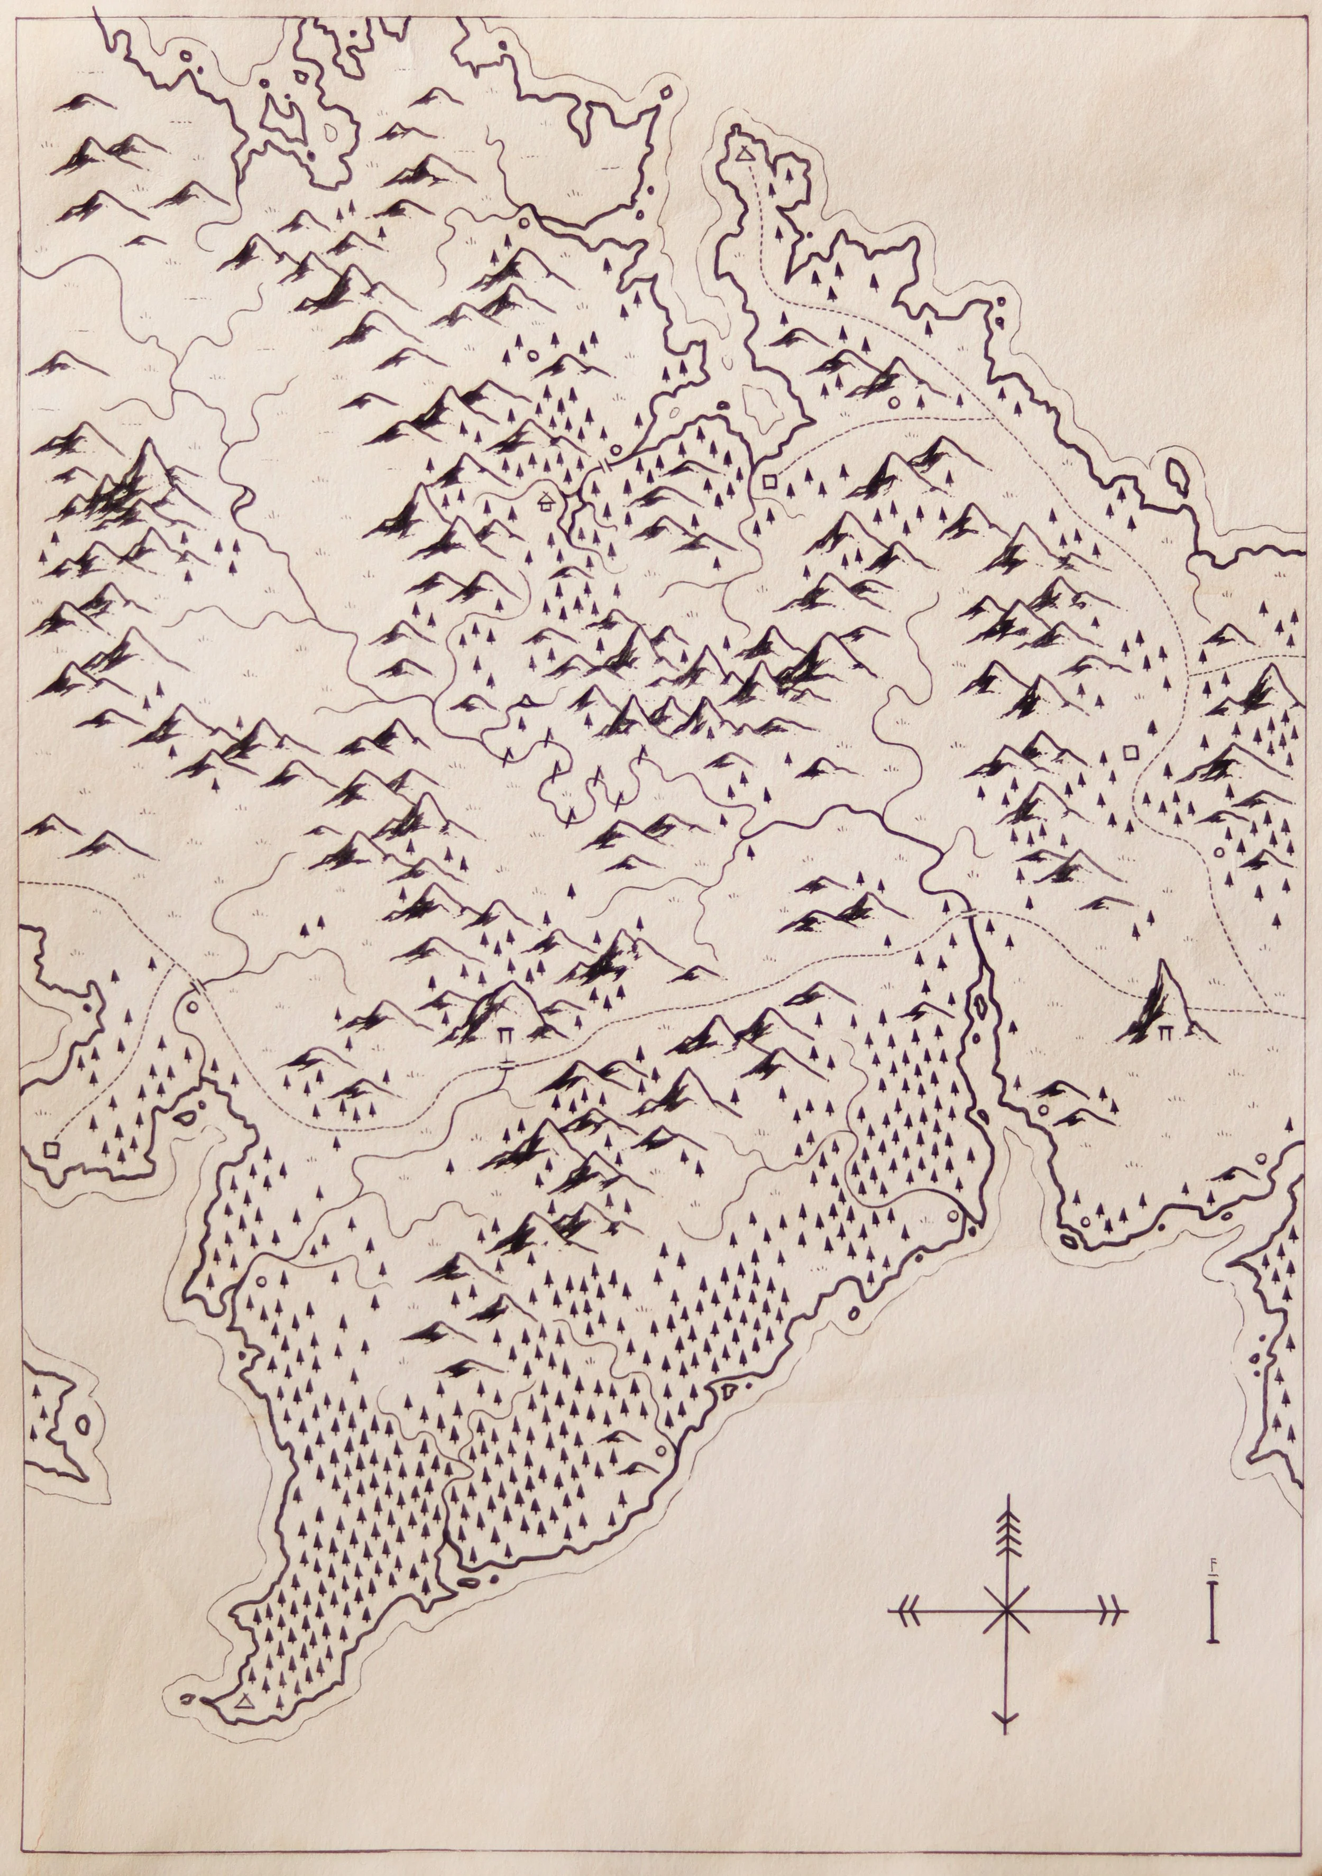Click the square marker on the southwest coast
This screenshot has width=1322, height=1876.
52,1149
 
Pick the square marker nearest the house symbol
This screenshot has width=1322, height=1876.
768,481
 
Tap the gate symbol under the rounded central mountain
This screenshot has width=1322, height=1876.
507,1034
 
